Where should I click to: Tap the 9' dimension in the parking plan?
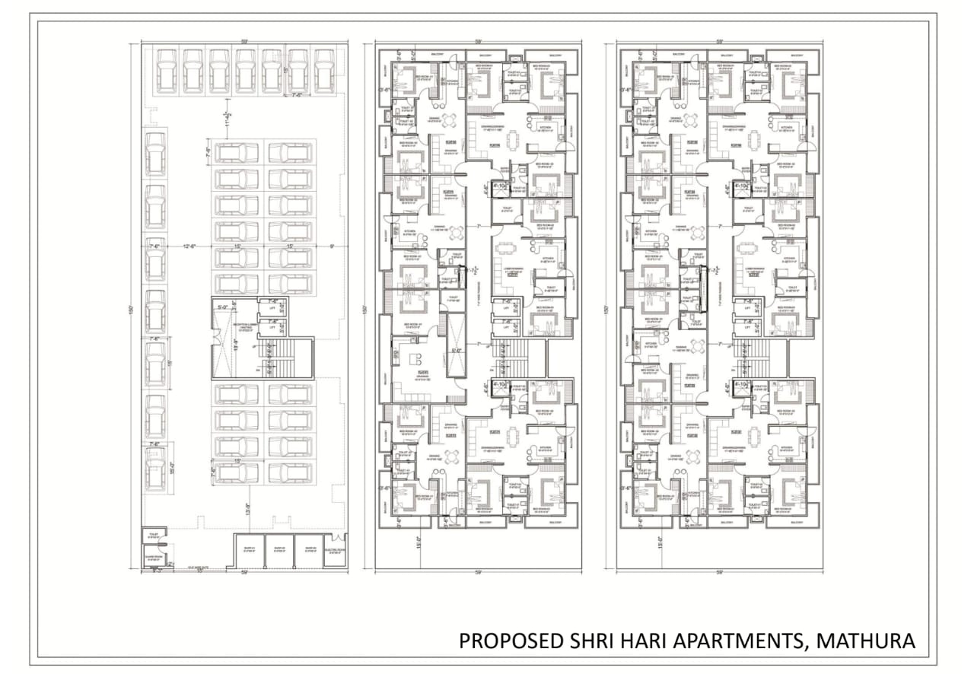pos(332,246)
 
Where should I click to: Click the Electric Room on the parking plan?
pos(335,550)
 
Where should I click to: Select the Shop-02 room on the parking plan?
pos(279,550)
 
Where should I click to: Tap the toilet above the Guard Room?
pos(154,536)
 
